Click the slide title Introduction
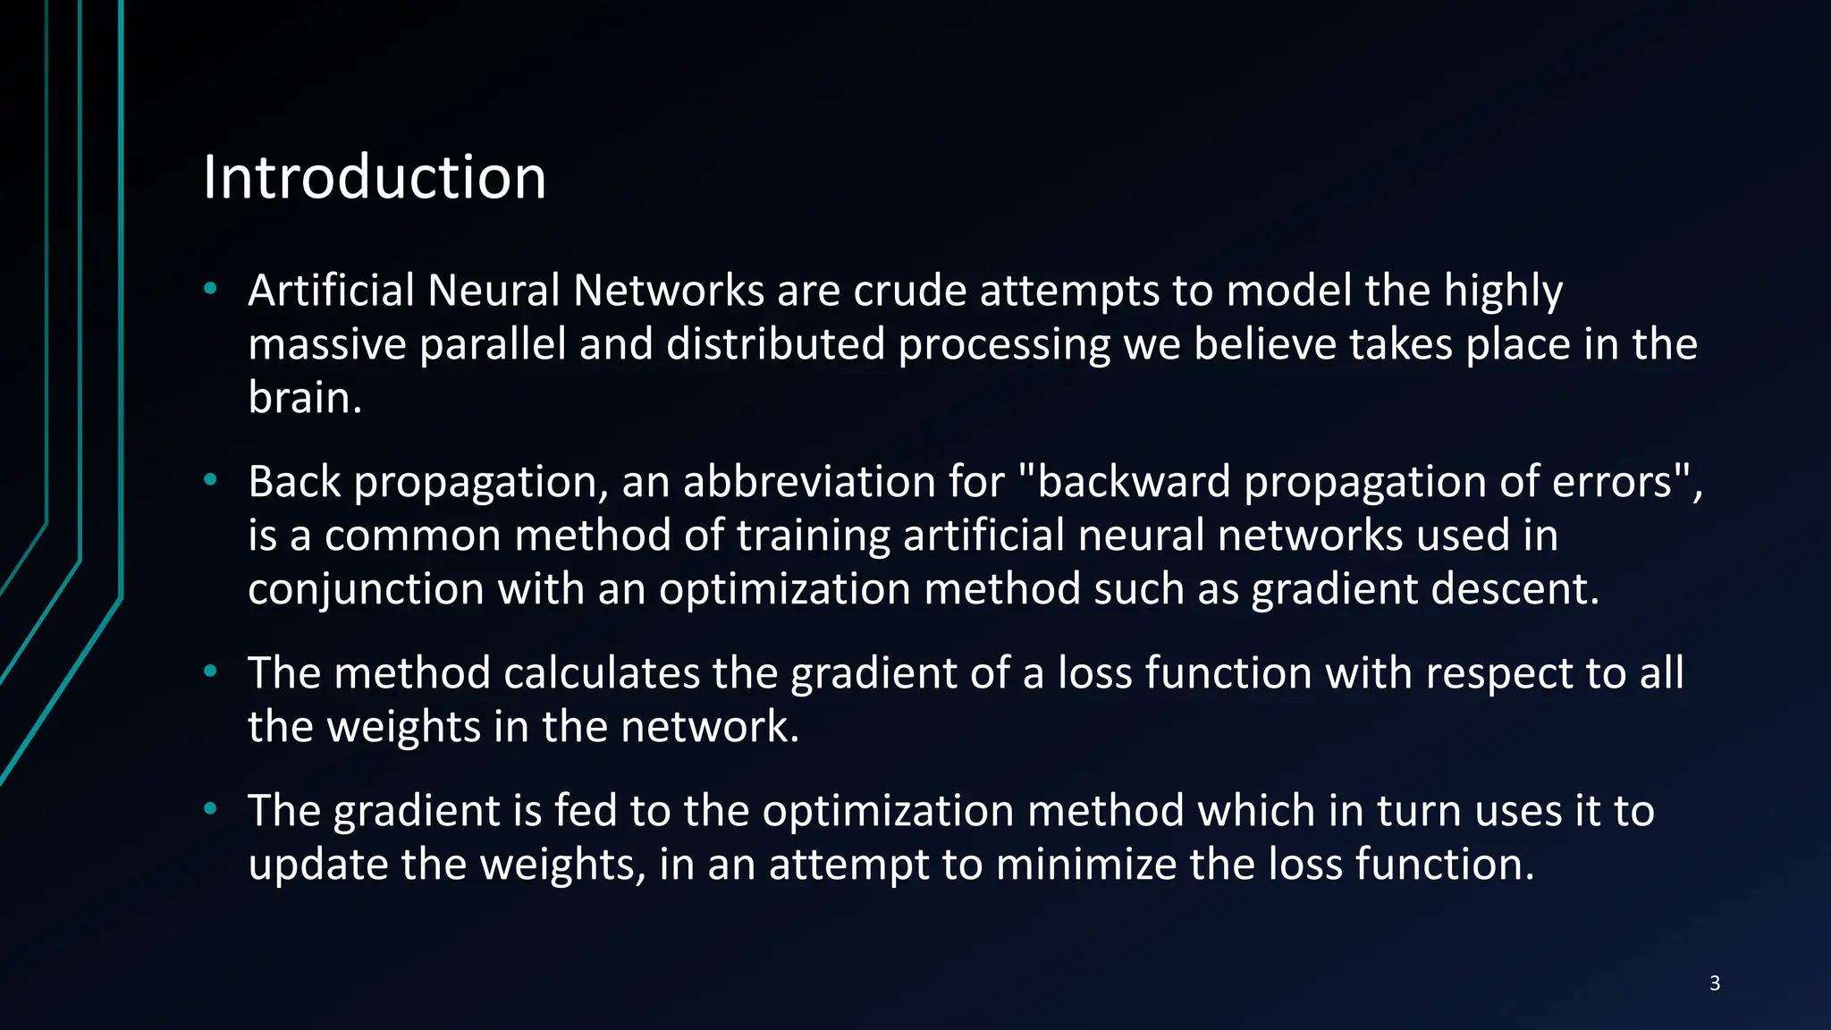pos(374,177)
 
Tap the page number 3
pos(1715,984)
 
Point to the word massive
pos(327,344)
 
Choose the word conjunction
pos(365,589)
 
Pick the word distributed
pos(775,344)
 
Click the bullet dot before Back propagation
pos(210,480)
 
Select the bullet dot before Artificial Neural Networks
pos(210,289)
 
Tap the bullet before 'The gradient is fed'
pos(210,809)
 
